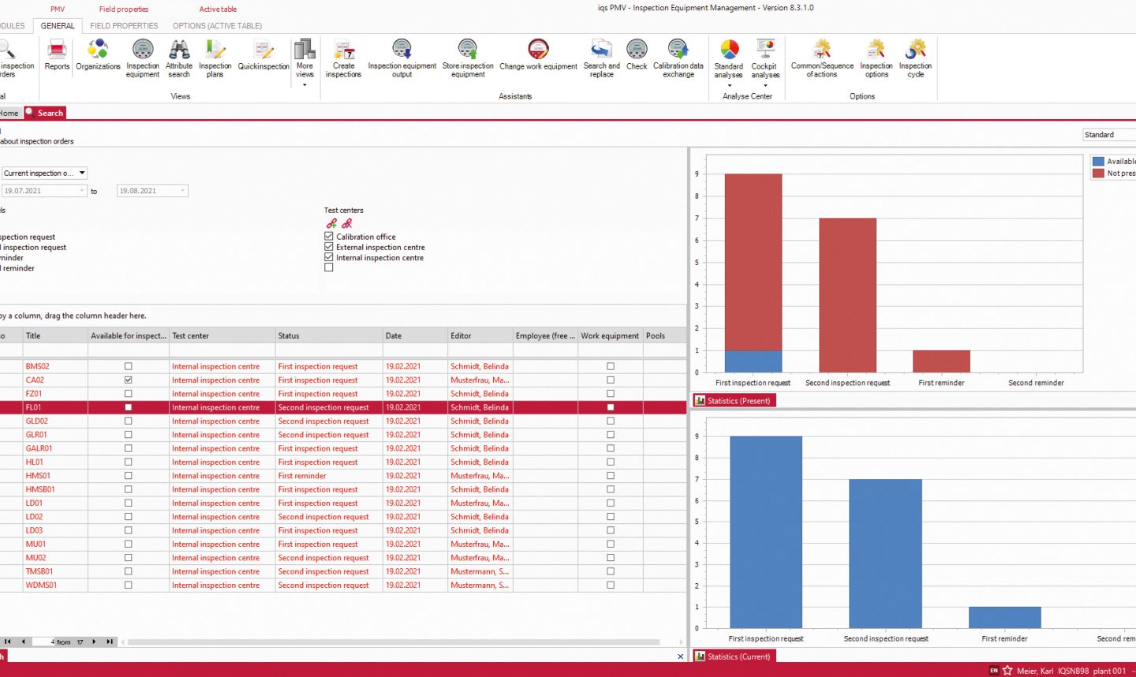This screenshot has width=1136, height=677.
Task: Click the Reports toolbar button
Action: click(x=57, y=57)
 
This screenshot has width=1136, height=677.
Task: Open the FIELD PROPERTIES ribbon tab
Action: click(x=124, y=25)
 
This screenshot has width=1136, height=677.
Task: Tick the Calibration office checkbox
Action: click(x=329, y=236)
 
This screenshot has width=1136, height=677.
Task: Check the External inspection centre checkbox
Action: click(x=329, y=247)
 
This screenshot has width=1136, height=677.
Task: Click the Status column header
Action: click(x=328, y=335)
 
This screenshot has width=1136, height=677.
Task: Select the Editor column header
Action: click(x=480, y=335)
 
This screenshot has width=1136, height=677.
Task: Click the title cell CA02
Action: click(x=35, y=380)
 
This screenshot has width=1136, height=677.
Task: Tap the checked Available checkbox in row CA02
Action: click(x=128, y=380)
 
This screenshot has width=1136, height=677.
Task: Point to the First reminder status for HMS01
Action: click(x=302, y=476)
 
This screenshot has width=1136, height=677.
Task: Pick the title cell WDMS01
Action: click(x=41, y=585)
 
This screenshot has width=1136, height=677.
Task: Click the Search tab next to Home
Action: click(x=50, y=113)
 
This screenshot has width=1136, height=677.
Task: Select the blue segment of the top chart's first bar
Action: click(x=753, y=361)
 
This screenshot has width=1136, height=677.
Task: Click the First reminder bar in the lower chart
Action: click(x=1004, y=617)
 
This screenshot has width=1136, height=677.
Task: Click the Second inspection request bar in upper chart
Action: click(x=847, y=295)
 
